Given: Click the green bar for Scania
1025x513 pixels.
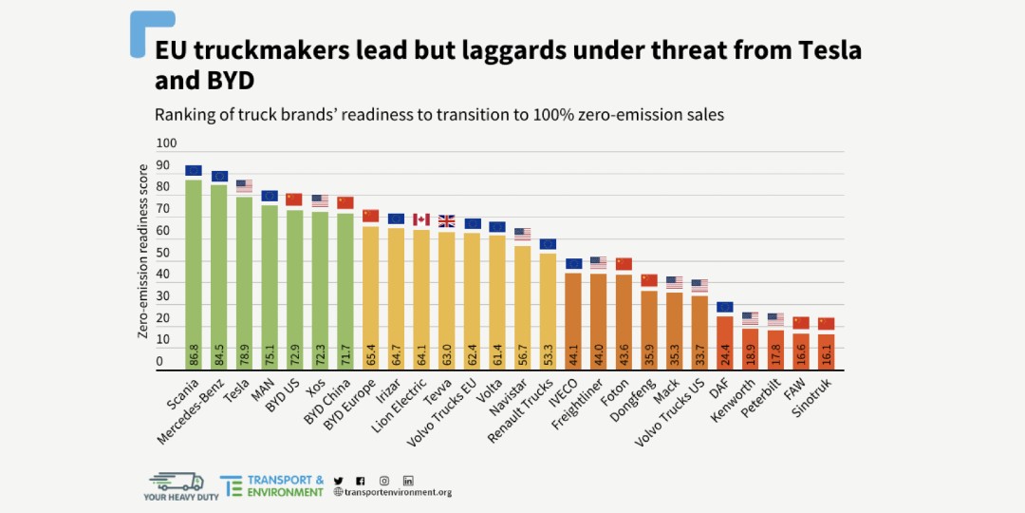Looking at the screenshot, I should coord(194,275).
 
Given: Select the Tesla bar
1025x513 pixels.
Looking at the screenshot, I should coord(244,285).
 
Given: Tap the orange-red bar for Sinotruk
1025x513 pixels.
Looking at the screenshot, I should coord(826,351).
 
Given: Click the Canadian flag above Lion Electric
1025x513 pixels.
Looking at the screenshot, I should coord(421,219).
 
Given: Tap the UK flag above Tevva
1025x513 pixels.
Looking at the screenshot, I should coord(446,220).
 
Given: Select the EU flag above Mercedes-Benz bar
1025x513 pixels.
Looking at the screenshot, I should coord(219,176).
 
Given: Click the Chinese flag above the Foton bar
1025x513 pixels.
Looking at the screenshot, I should coord(624,263).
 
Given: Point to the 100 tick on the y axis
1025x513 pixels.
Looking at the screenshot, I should coord(167,143).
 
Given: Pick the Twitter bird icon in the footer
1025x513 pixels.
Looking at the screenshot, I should coord(339,481).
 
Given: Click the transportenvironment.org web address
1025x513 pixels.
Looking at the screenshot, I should coord(398,492).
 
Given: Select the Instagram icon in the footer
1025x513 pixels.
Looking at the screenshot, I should coord(384,481).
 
